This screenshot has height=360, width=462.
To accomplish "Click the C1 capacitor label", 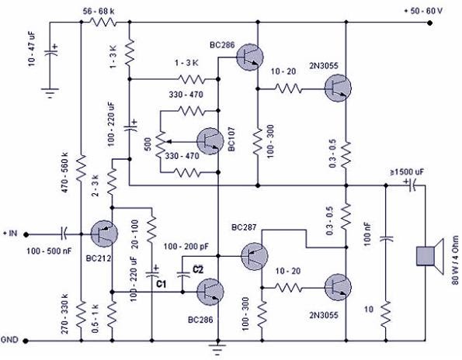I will [x=162, y=284].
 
